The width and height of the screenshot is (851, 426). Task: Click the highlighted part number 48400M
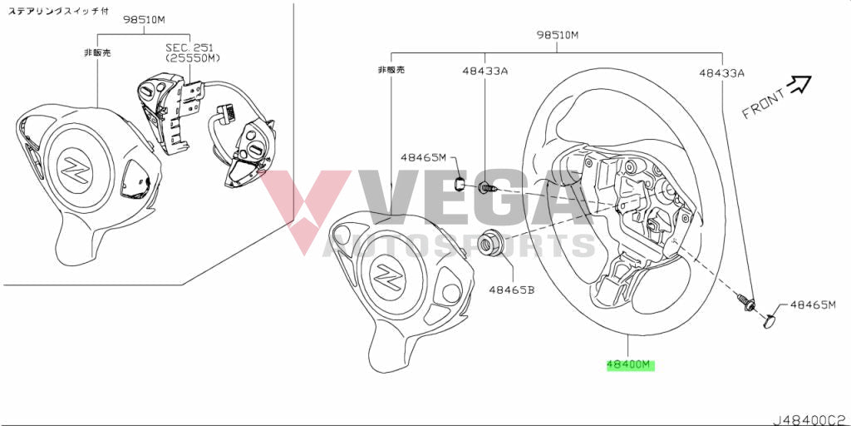click(631, 365)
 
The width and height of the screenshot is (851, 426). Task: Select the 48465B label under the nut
click(511, 290)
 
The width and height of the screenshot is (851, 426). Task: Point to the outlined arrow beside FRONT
click(799, 82)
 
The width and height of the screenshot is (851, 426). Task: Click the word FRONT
click(763, 105)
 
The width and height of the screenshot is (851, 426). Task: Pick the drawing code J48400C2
click(809, 419)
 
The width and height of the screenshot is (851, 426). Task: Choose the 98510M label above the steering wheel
click(557, 35)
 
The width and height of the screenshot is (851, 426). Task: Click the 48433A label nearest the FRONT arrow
click(721, 73)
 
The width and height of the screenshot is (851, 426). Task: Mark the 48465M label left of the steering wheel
click(423, 156)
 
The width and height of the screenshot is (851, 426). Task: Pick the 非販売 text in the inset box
click(97, 52)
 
